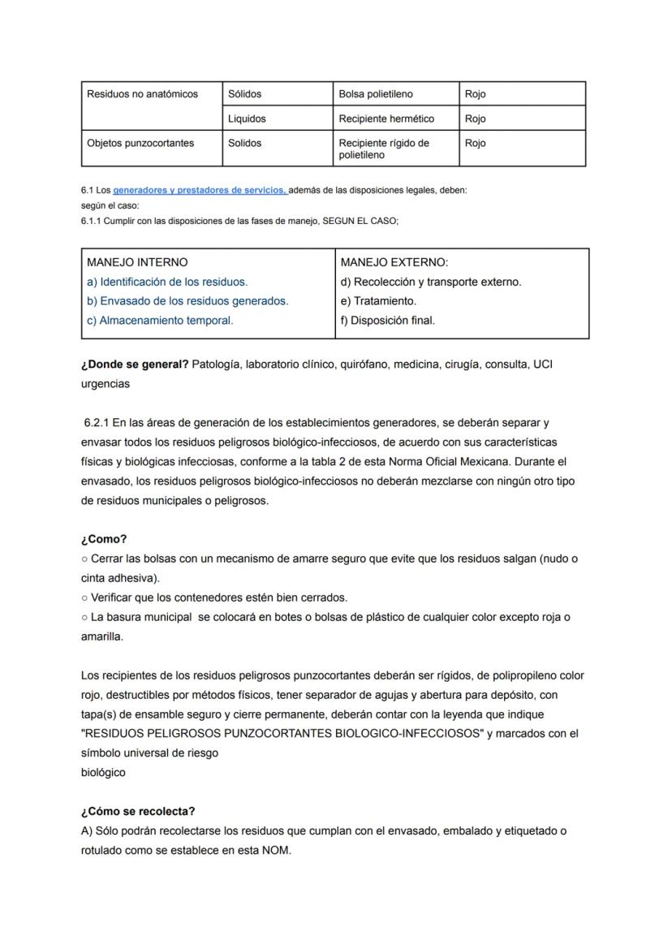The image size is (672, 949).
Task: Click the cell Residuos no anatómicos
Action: pos(142,94)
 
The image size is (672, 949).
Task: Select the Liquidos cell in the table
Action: pos(247,119)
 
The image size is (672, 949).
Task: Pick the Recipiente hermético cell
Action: pos(386,119)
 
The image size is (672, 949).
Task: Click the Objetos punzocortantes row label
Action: pos(140,143)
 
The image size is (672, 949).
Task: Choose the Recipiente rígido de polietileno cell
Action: pos(384,149)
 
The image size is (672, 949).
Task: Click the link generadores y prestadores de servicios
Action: pos(200,190)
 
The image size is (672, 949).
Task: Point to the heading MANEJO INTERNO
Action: pos(137,262)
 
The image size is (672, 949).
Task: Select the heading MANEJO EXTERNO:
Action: pos(394,262)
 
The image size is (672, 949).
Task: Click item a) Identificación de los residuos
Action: pos(167,282)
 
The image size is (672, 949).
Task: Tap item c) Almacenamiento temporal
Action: pos(160,321)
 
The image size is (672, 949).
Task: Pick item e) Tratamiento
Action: pos(378,301)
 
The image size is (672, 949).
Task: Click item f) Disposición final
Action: pos(388,321)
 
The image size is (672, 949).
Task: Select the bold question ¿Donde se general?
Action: pos(135,365)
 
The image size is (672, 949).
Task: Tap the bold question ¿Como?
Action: pos(104,539)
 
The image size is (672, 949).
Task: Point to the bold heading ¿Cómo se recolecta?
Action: pos(138,812)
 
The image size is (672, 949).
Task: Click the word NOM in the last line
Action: pos(275,851)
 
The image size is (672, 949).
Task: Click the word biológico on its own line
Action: pos(103,773)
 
